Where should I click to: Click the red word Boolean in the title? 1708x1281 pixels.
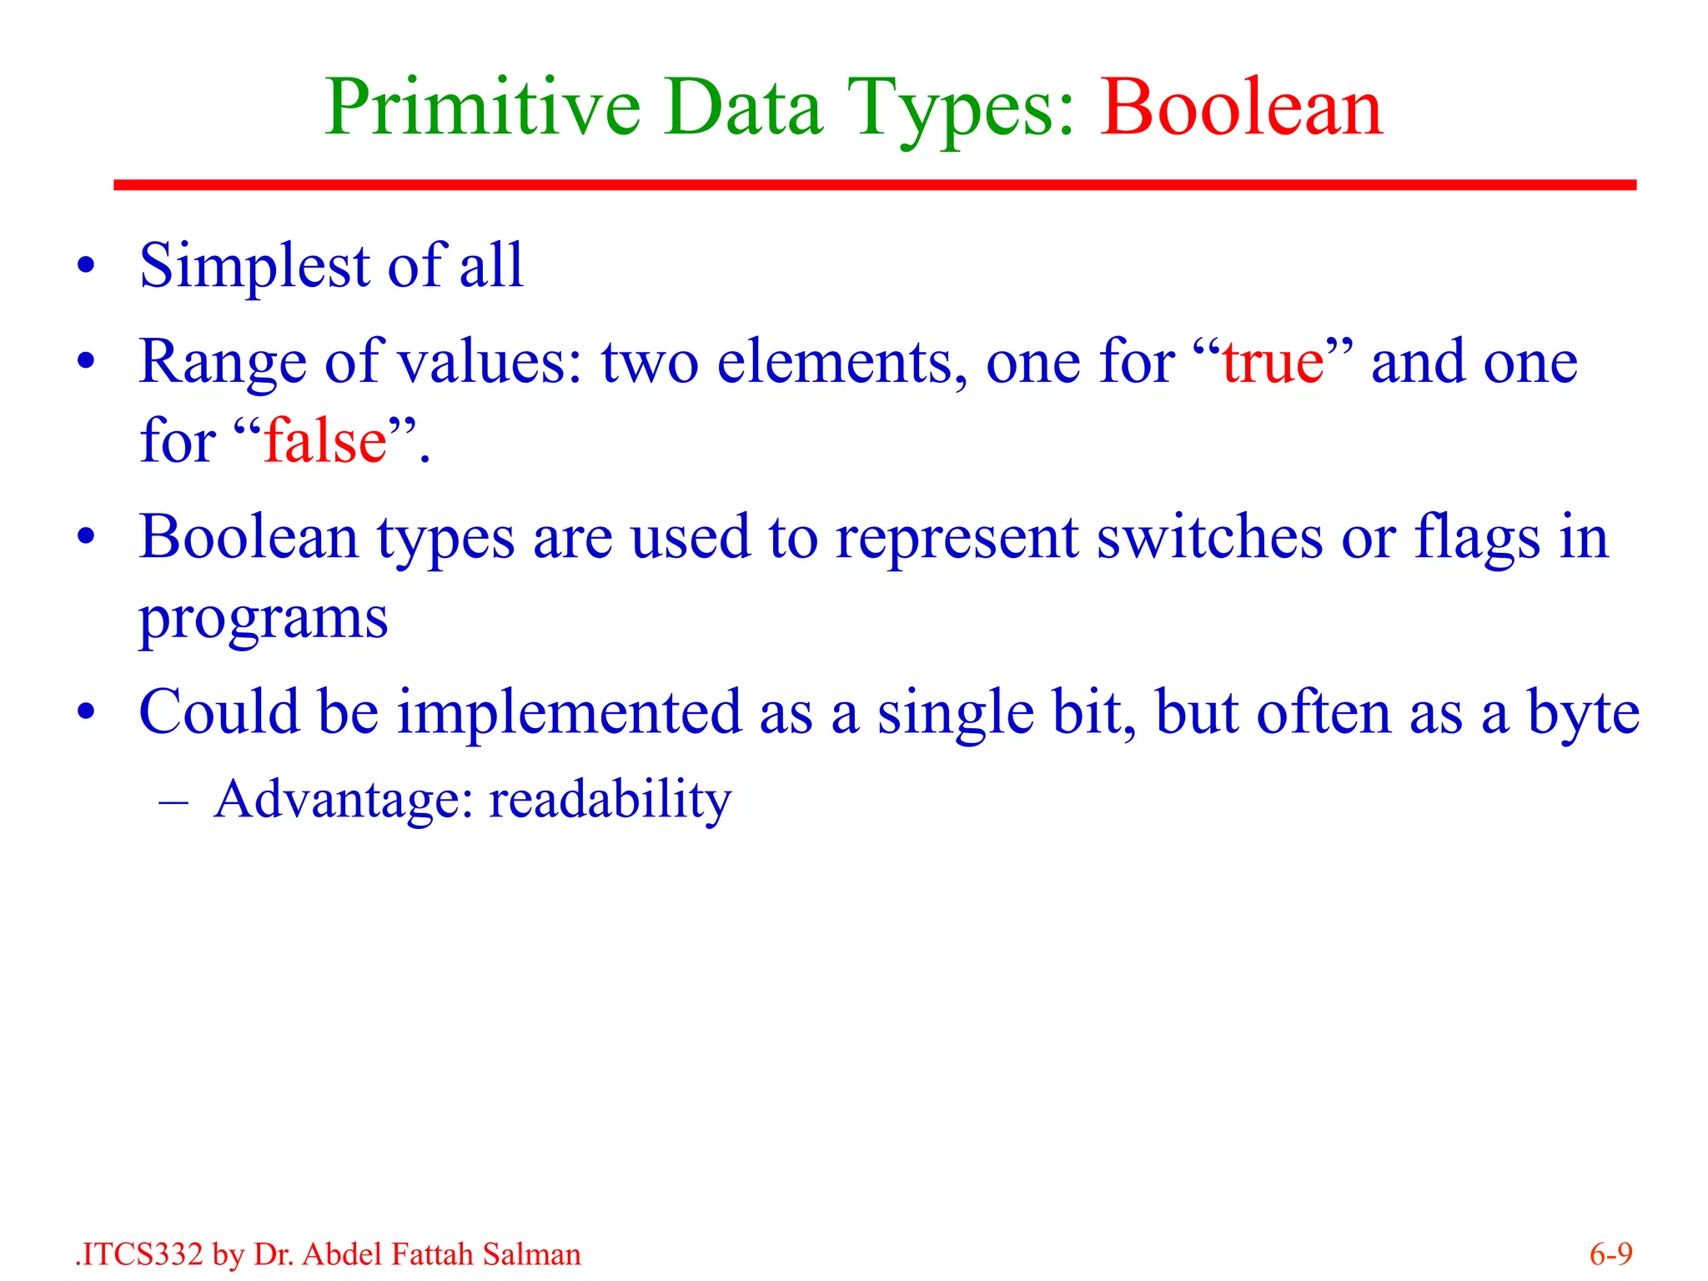tap(1241, 108)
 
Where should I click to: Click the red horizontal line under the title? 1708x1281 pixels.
tap(874, 184)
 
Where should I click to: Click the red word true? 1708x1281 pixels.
tap(1273, 363)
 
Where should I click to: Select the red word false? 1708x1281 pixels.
tap(325, 441)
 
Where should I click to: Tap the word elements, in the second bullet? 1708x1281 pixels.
tap(842, 363)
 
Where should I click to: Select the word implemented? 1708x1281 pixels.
tap(569, 714)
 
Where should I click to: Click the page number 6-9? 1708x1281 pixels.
tap(1610, 1254)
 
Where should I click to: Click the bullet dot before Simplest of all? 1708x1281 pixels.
tap(86, 268)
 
